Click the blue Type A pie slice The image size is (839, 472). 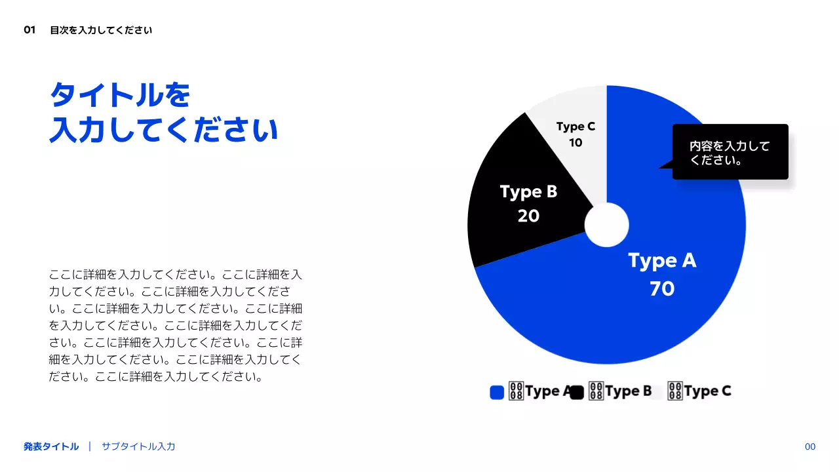point(655,315)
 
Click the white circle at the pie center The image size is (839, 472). point(606,225)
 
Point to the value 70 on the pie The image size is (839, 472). point(662,288)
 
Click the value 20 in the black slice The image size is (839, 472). point(528,216)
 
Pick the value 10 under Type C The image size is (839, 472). point(576,142)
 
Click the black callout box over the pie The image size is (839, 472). point(730,151)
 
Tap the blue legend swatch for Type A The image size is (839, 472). point(497,392)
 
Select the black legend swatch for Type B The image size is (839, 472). point(577,392)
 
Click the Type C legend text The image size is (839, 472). point(707,391)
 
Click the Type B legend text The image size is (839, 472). point(628,391)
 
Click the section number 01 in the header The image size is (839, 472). point(29,29)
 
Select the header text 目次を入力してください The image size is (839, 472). point(101,30)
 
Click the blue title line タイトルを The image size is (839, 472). point(120,96)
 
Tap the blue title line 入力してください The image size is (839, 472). point(164,130)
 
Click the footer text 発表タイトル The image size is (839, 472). point(51,446)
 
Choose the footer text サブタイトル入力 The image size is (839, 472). point(138,446)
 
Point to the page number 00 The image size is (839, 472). point(810,446)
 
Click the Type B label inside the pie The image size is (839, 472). point(528,191)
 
